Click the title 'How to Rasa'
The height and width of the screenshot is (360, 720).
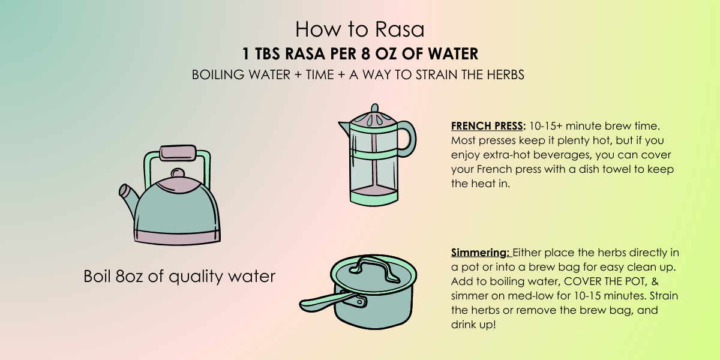[359, 29]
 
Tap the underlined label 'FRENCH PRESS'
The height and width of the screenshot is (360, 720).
[487, 126]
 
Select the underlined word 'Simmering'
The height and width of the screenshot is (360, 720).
[479, 253]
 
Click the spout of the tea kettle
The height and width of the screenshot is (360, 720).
[128, 199]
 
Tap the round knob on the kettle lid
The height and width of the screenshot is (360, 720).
[178, 173]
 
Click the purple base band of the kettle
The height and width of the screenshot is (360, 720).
[177, 238]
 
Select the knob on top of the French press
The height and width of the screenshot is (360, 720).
[374, 107]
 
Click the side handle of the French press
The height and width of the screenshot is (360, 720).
[410, 139]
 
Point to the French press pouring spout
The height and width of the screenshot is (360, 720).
[344, 128]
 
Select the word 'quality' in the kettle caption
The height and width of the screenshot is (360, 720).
[196, 277]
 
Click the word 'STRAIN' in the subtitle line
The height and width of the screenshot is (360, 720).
[437, 74]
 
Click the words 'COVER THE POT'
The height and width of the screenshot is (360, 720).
[605, 281]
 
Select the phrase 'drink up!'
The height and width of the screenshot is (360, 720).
[473, 325]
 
